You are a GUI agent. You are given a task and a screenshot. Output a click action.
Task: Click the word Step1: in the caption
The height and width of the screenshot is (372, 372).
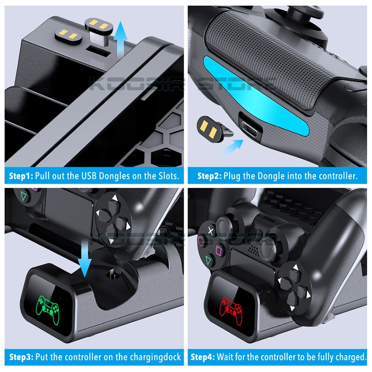coord(21,176)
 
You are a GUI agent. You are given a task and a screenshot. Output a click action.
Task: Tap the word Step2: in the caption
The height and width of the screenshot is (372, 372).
coord(210,176)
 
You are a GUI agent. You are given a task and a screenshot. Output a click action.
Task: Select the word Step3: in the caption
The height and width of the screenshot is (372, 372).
coord(21,357)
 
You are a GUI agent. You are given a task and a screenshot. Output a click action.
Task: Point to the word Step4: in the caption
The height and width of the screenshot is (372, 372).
coord(203,357)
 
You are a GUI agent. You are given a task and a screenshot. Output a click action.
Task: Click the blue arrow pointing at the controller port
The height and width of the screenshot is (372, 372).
coord(231,148)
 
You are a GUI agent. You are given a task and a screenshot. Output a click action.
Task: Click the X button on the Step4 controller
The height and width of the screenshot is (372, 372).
coord(211,231)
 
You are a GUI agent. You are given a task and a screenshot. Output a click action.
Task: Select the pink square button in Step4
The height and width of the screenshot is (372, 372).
coord(219,251)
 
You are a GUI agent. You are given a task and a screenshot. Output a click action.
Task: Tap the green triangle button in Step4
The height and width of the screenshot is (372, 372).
coord(209,260)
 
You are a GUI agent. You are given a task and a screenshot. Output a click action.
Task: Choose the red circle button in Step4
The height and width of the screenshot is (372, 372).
coord(201,241)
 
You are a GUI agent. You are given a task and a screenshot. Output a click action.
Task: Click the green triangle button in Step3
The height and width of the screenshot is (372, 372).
coord(24,196)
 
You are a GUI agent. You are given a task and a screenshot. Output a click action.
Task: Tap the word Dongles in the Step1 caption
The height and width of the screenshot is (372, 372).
coord(114,176)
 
